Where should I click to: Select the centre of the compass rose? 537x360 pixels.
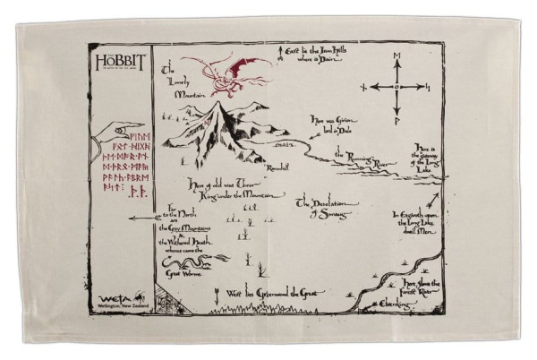(398, 87)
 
